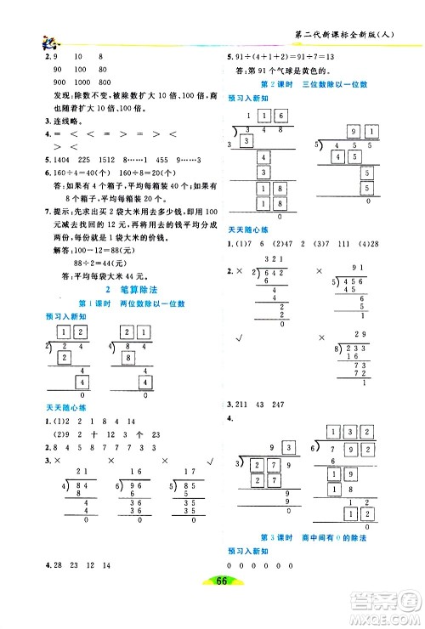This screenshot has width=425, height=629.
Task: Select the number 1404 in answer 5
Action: pos(42,160)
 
